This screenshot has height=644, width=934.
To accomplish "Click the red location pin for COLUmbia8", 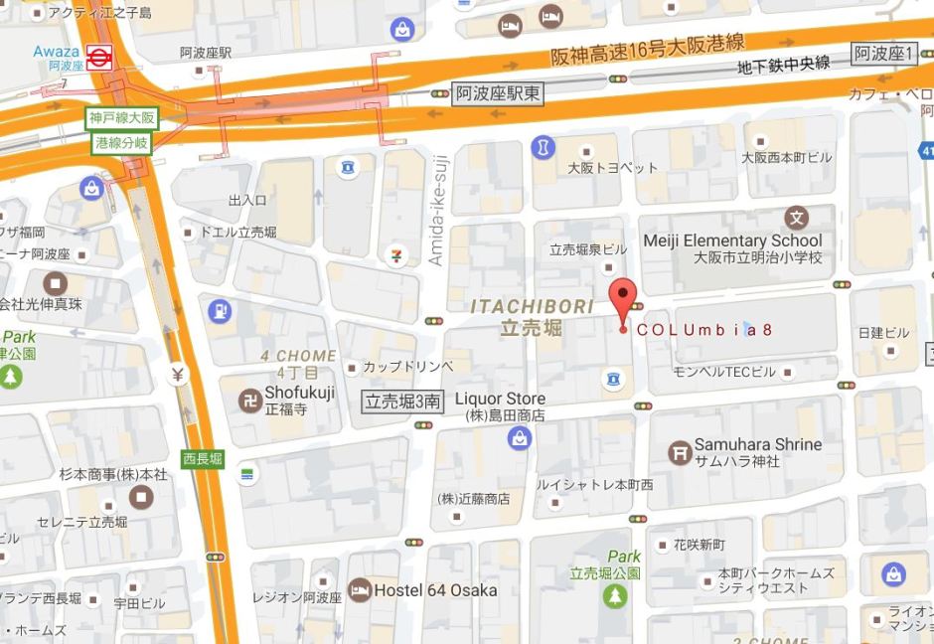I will [x=622, y=298].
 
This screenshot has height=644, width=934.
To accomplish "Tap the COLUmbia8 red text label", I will [x=703, y=330].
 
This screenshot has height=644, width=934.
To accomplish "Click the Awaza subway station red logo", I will [x=97, y=58].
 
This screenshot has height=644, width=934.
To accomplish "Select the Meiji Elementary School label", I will [x=732, y=241].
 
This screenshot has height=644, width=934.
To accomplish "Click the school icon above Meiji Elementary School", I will [x=797, y=217].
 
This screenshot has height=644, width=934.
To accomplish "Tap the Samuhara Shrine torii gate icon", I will [x=681, y=452].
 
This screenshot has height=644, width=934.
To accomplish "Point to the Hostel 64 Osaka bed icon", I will [x=359, y=590].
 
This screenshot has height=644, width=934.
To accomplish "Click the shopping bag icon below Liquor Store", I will [x=519, y=438].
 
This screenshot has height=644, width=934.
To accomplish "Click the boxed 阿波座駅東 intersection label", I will [x=499, y=93].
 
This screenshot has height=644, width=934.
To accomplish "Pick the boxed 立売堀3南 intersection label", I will [x=401, y=402].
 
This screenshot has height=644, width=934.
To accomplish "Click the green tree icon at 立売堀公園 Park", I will [x=616, y=596].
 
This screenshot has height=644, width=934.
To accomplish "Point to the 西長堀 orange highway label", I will [x=203, y=458].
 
